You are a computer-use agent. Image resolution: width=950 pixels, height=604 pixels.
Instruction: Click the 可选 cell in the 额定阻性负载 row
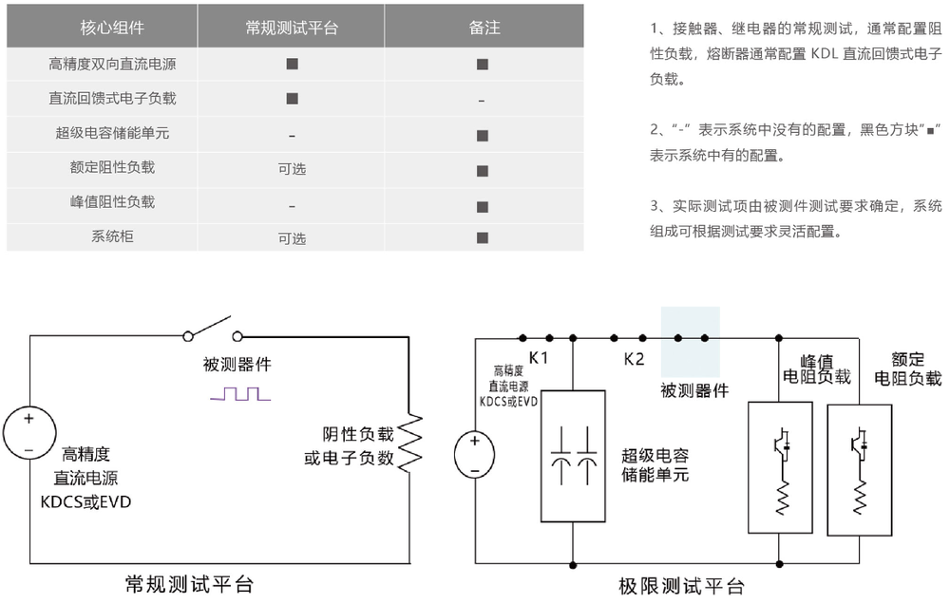pos(292,169)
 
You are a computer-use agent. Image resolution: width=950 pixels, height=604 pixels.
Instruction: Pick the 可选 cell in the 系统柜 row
pos(292,237)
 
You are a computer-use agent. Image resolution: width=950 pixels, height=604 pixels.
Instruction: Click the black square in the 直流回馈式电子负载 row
pos(292,99)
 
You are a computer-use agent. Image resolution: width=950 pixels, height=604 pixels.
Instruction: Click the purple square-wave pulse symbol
pos(239,393)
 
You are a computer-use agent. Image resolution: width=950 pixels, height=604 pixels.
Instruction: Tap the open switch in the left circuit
pos(212,329)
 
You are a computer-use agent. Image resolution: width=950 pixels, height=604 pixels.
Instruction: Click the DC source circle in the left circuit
pos(28,432)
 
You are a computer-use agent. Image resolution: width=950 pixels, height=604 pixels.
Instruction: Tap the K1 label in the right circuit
pos(539,358)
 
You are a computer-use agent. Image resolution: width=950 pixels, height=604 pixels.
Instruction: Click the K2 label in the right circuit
pos(634,359)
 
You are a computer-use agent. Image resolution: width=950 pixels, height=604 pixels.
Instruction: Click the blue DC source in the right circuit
pos(474,454)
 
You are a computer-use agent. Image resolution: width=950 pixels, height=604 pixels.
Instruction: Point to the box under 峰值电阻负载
pos(780,466)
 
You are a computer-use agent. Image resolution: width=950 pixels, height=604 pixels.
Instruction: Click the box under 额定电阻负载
pos(859,466)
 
